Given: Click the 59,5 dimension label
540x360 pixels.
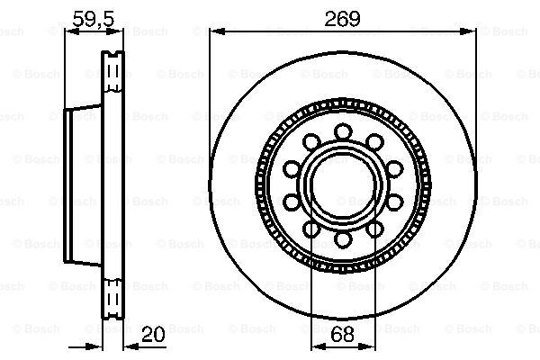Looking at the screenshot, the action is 93,19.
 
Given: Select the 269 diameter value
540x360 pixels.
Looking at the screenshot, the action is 342,19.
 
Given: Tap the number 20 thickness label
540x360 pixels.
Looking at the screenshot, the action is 153,334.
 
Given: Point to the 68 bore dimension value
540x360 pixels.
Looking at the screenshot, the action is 342,334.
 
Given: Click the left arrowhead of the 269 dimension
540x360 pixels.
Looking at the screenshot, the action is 217,32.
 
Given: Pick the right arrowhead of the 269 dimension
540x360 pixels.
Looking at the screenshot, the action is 469,32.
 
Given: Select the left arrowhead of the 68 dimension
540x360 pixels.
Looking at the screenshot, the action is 319,346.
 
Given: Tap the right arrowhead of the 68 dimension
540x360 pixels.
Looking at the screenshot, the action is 368,346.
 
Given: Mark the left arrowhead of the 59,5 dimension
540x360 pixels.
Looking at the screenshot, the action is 73,32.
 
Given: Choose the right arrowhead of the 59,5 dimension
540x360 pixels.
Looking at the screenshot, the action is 115,32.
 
